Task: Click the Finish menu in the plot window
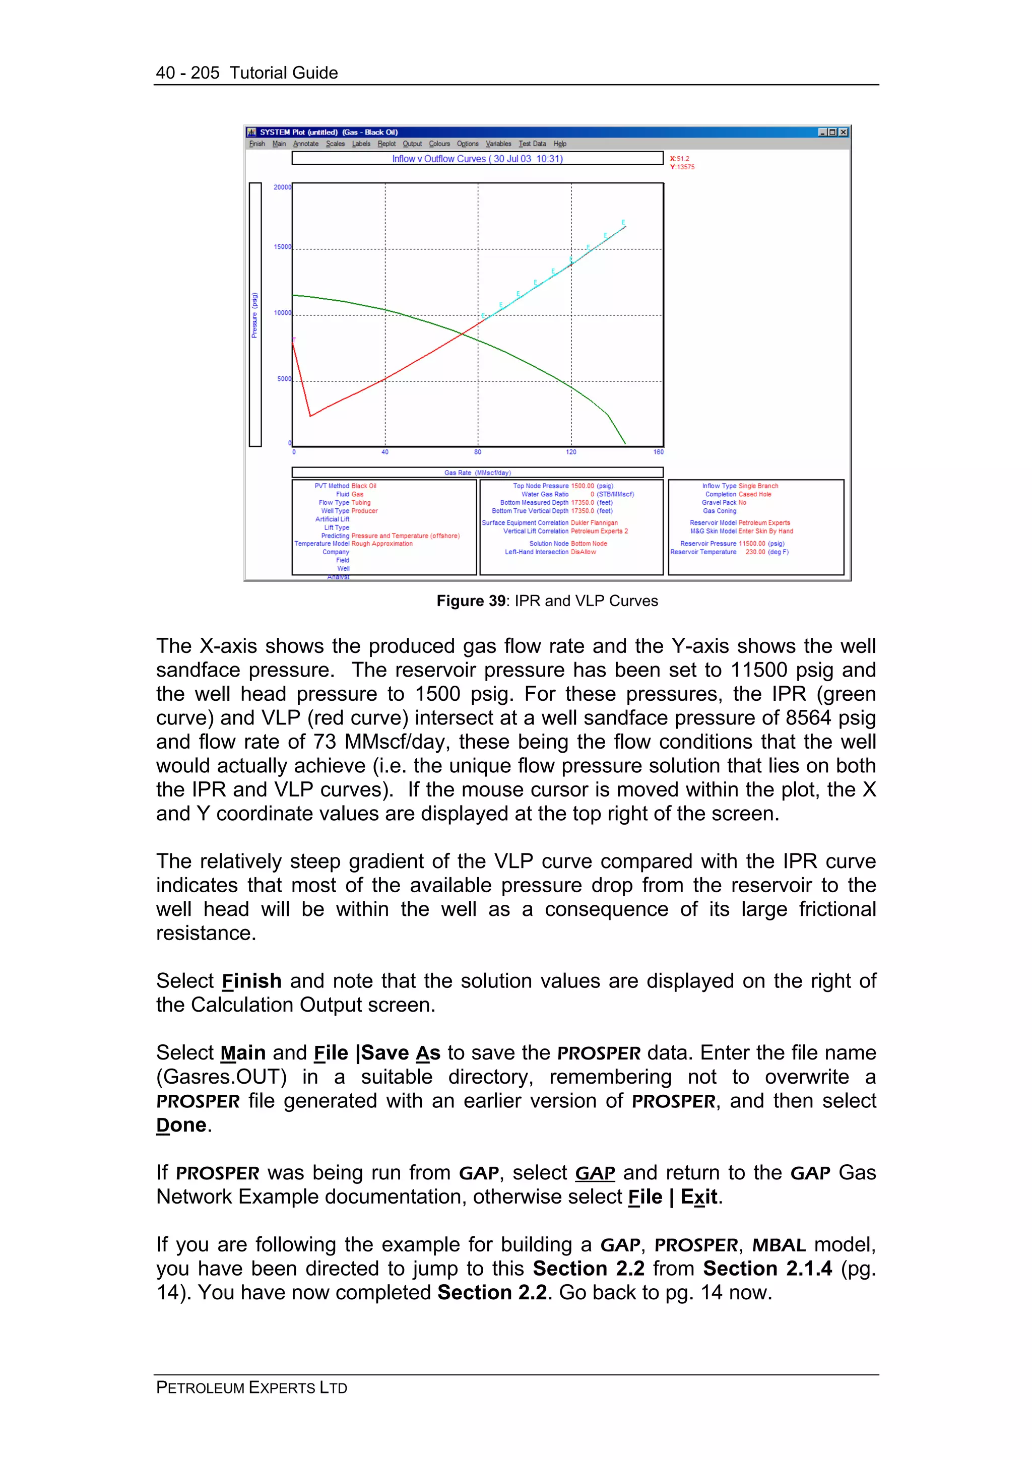tap(257, 144)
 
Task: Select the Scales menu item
tap(335, 144)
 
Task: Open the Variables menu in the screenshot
tap(498, 144)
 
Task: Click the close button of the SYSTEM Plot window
tap(843, 132)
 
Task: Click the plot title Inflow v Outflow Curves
tap(477, 158)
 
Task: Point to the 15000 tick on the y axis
tap(282, 247)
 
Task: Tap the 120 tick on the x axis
tap(571, 452)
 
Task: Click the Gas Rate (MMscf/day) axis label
tap(477, 473)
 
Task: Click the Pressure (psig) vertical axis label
tap(254, 315)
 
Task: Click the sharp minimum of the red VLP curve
tap(310, 416)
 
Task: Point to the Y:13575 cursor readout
tap(682, 167)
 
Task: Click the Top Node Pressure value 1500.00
tap(582, 486)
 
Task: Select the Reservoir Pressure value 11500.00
tap(752, 544)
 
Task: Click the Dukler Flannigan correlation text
tap(594, 523)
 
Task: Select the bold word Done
tap(181, 1125)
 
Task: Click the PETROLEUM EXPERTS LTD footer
tap(252, 1387)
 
